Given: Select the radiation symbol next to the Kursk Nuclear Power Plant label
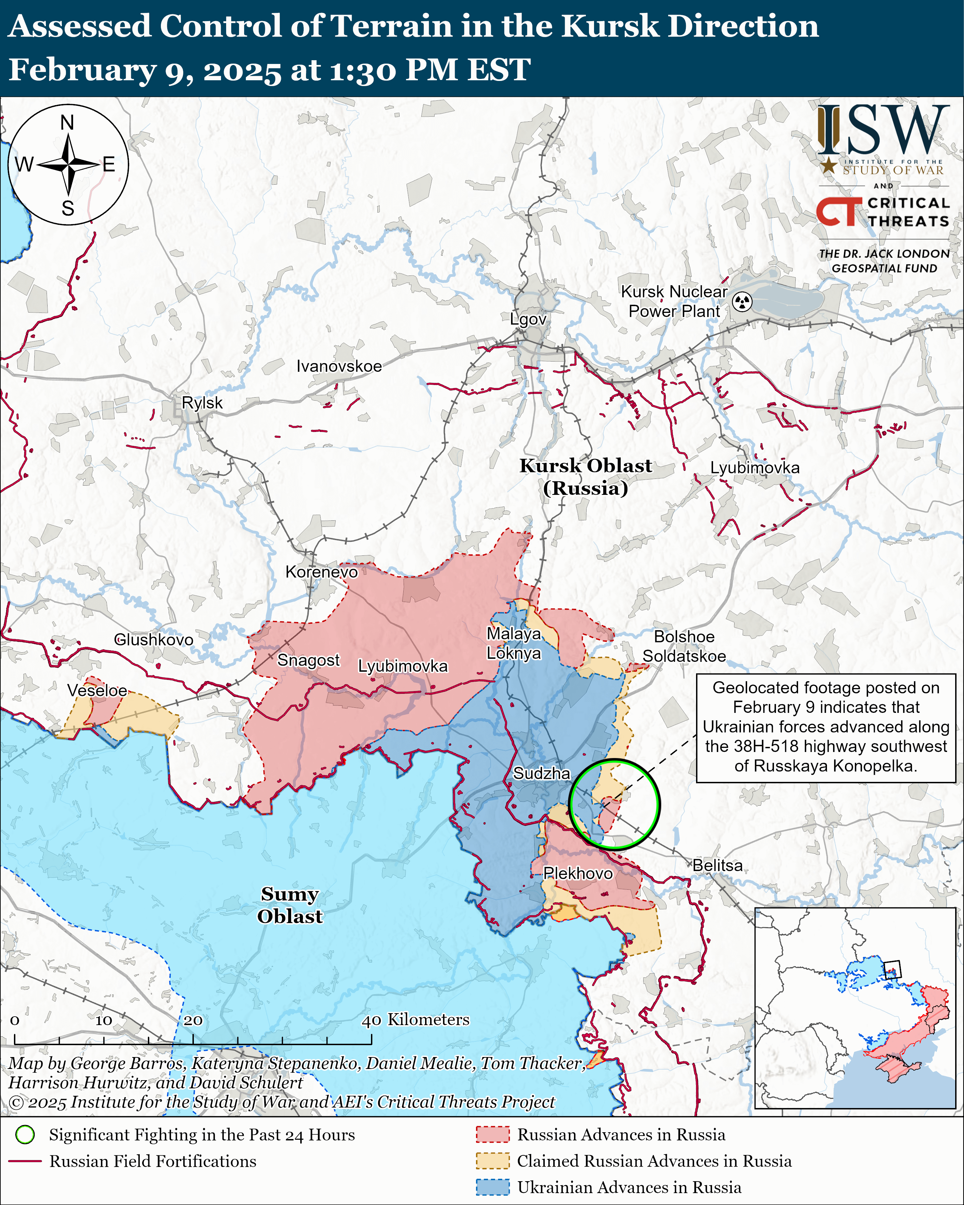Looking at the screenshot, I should pyautogui.click(x=742, y=302).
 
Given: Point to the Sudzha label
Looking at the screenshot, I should pyautogui.click(x=541, y=773).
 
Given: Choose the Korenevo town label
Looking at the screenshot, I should pyautogui.click(x=321, y=572).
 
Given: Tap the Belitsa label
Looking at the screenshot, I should pyautogui.click(x=717, y=866).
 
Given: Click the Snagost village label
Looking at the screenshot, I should pyautogui.click(x=308, y=660).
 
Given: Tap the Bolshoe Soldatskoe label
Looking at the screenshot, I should pyautogui.click(x=684, y=646).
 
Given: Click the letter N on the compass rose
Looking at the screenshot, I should pyautogui.click(x=67, y=122).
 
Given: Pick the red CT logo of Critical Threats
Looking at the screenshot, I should pyautogui.click(x=838, y=212).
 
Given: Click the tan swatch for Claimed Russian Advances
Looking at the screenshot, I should pyautogui.click(x=492, y=1161).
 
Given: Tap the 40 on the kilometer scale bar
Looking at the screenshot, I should pyautogui.click(x=372, y=1021).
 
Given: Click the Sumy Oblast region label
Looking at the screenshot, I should pyautogui.click(x=289, y=905).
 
